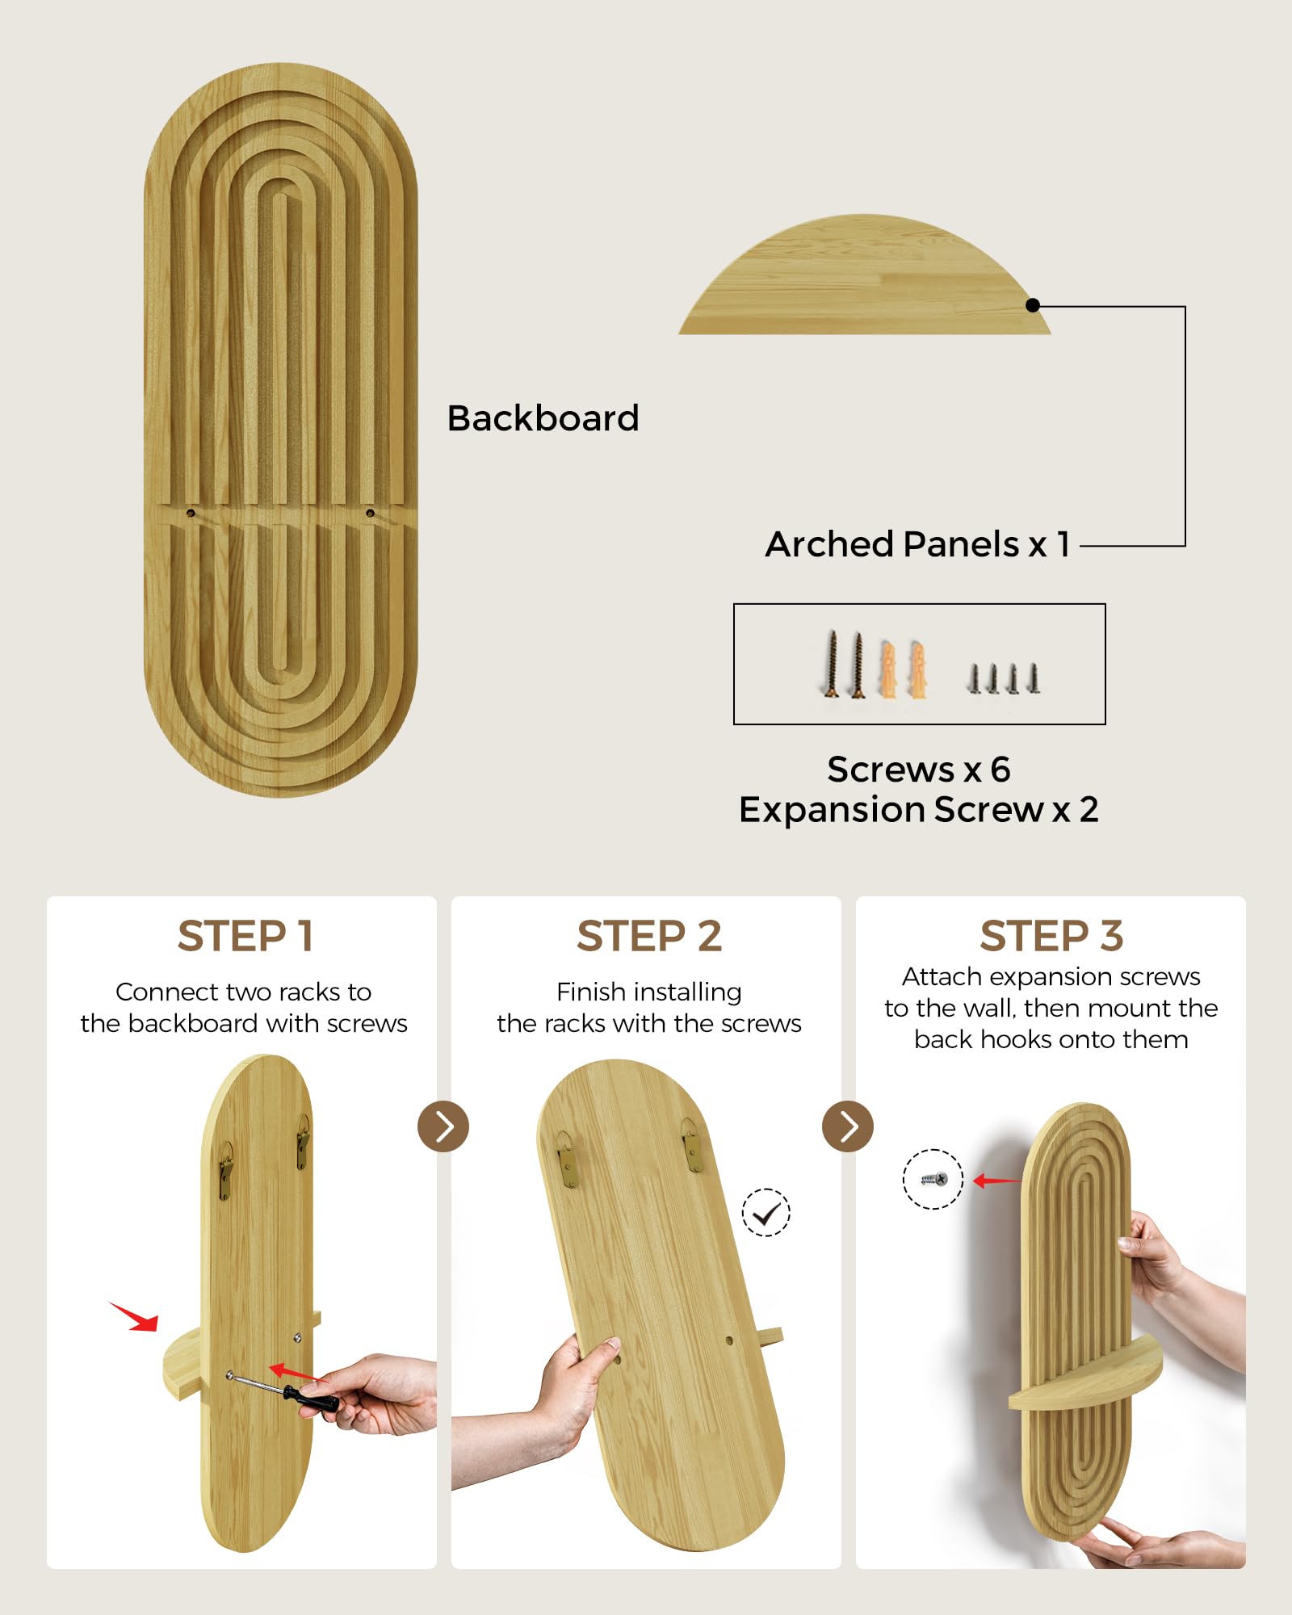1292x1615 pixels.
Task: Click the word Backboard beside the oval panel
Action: (543, 418)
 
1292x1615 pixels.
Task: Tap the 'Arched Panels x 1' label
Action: (918, 544)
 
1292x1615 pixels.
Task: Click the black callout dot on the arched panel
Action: (1033, 305)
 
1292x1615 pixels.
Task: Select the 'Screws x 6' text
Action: (919, 770)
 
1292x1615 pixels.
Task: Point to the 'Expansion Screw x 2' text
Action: (919, 809)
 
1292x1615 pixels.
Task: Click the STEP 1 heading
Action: (245, 937)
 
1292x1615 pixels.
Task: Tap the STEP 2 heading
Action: (649, 937)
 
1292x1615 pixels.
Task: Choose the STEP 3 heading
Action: (1051, 937)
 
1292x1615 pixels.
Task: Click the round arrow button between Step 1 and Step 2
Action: (443, 1126)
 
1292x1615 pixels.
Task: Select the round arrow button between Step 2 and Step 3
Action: (848, 1126)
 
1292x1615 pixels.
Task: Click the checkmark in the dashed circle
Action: (766, 1213)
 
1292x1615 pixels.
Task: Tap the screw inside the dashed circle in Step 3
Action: (933, 1180)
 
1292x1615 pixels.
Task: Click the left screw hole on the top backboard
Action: (191, 513)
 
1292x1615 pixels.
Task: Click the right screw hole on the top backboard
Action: (370, 513)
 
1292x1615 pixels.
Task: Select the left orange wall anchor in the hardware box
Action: (887, 669)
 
